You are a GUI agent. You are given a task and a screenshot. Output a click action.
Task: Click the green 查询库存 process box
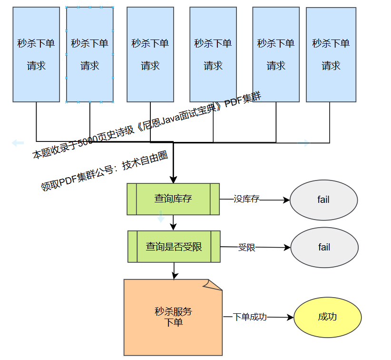(173, 199)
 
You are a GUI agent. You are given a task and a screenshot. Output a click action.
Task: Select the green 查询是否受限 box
(174, 247)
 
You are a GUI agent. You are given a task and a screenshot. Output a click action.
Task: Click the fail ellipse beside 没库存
(323, 200)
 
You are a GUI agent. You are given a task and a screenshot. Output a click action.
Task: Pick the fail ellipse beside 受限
(324, 248)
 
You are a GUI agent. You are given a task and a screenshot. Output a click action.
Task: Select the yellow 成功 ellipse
(327, 317)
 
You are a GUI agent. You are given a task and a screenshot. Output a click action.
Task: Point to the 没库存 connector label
(246, 200)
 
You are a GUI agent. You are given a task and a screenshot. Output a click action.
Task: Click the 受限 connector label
(246, 248)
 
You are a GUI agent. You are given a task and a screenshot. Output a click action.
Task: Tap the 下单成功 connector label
(250, 317)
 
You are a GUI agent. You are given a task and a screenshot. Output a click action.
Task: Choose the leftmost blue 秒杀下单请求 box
(36, 54)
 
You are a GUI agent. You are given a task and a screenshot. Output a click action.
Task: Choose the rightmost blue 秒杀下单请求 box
(331, 54)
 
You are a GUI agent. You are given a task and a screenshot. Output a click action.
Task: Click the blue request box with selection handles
(90, 54)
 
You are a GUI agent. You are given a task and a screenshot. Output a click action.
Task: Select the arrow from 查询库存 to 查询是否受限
(174, 222)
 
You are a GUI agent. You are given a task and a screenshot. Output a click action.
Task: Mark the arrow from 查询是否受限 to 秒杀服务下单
(174, 270)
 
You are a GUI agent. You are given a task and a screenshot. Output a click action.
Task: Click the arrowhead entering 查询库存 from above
(174, 180)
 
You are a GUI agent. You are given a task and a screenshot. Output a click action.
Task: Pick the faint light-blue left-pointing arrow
(18, 142)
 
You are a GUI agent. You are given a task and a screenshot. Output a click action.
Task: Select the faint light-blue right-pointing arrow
(303, 143)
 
